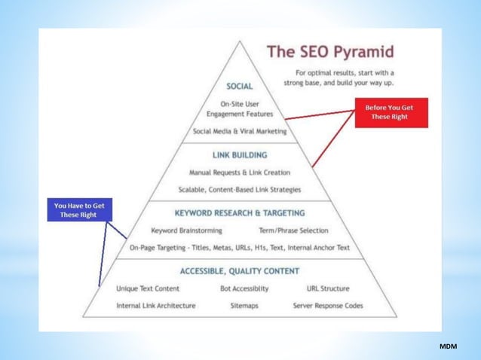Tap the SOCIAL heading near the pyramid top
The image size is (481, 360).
(240, 87)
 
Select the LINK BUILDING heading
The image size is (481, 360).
(240, 155)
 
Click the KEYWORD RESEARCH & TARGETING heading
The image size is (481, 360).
(240, 213)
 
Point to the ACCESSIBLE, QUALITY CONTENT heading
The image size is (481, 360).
(240, 271)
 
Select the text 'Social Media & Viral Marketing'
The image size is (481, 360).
(240, 130)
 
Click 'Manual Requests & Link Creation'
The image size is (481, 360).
(240, 172)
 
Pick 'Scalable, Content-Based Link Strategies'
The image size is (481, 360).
(240, 189)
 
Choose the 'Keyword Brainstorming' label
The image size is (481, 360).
(185, 230)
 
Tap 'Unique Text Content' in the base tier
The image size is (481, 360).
(148, 288)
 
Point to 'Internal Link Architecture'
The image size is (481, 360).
(156, 306)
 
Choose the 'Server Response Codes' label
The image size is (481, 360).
(328, 306)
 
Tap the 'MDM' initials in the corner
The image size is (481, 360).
(449, 345)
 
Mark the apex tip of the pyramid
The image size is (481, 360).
(240, 41)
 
